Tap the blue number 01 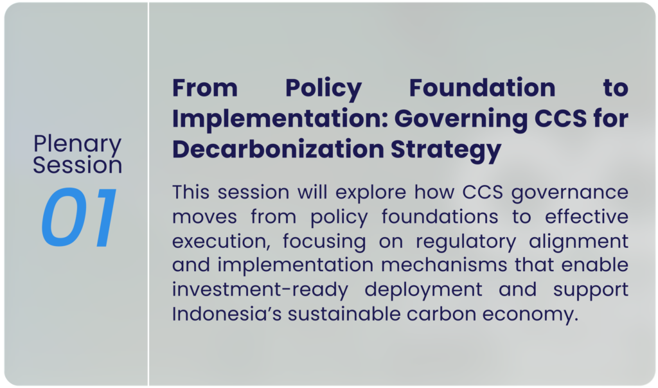pyautogui.click(x=79, y=217)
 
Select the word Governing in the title pyautogui.click(x=461, y=119)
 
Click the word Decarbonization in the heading pyautogui.click(x=278, y=149)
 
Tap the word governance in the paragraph pyautogui.click(x=569, y=193)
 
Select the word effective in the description pyautogui.click(x=586, y=217)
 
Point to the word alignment pyautogui.click(x=578, y=242)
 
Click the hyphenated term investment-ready pyautogui.click(x=260, y=290)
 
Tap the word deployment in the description pyautogui.click(x=423, y=290)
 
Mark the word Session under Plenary pyautogui.click(x=78, y=165)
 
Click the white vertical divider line pyautogui.click(x=148, y=194)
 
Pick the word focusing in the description pyautogui.click(x=324, y=242)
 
